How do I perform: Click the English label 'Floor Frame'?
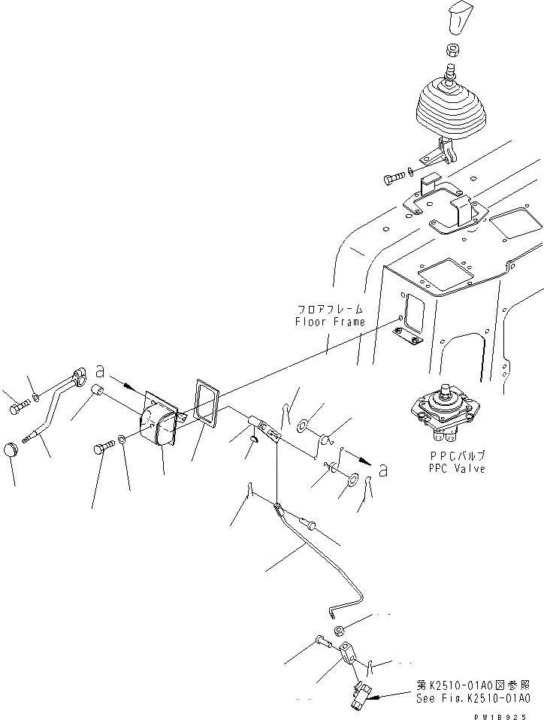click(330, 322)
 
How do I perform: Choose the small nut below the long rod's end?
click(339, 628)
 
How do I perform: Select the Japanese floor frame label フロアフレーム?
click(330, 309)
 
